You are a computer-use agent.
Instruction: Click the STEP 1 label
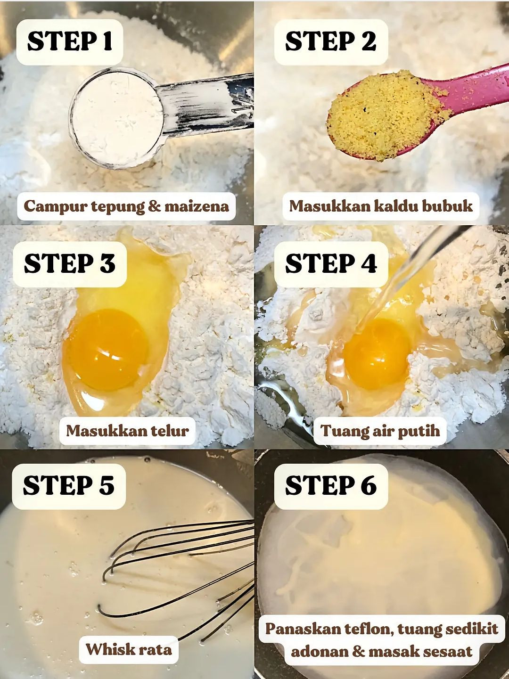(x=70, y=41)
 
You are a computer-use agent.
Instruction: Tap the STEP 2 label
(x=330, y=41)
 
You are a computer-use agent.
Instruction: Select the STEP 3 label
(x=69, y=264)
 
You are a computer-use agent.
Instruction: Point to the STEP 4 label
(x=330, y=264)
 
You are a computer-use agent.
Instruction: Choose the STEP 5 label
(x=69, y=486)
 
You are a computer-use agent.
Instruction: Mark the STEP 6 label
(x=330, y=486)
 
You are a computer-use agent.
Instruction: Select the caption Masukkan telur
(x=127, y=430)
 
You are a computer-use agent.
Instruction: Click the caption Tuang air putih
(x=380, y=430)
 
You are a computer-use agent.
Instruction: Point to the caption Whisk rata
(x=129, y=649)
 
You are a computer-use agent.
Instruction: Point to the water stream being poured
(x=401, y=278)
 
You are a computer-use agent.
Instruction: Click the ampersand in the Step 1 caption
(x=154, y=206)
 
